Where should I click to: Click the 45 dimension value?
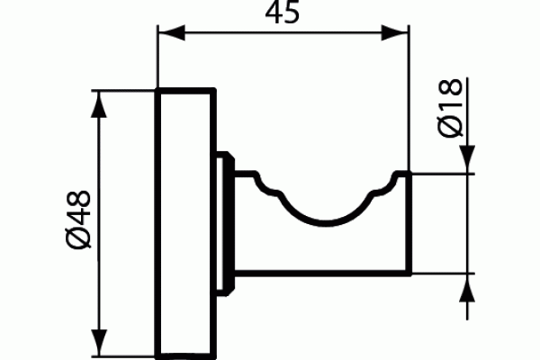click(x=283, y=12)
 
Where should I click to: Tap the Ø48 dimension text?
click(x=79, y=220)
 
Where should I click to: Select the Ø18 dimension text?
click(x=450, y=108)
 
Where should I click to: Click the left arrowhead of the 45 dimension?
click(x=172, y=32)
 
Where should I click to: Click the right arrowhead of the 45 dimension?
click(x=395, y=32)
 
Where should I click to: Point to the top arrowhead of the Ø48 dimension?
click(x=99, y=104)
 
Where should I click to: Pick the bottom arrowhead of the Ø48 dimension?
click(x=99, y=343)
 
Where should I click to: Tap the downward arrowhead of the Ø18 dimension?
click(x=467, y=159)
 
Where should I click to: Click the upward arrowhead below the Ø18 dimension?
click(x=467, y=288)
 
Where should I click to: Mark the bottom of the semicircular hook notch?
click(x=325, y=223)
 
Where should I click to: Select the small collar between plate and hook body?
click(x=225, y=224)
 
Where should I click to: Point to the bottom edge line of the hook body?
click(x=323, y=274)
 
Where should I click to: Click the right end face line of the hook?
click(x=409, y=224)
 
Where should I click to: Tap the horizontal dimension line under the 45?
click(x=283, y=32)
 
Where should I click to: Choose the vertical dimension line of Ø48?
click(x=99, y=223)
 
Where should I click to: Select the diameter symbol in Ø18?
click(x=450, y=127)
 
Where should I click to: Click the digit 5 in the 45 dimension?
click(x=292, y=13)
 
